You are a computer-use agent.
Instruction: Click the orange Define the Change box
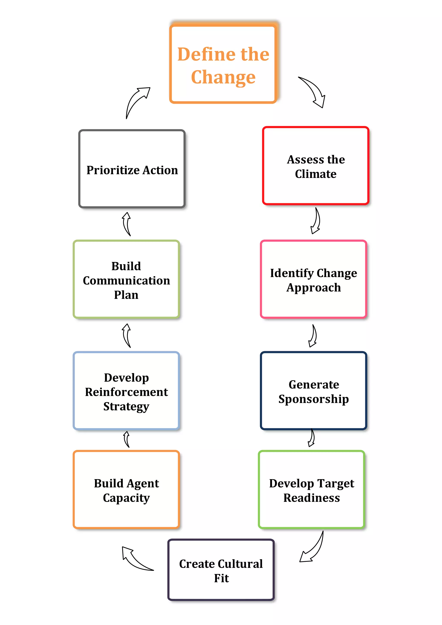point(223,64)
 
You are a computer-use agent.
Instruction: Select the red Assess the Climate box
point(315,165)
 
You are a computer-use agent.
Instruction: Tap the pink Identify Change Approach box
point(313,279)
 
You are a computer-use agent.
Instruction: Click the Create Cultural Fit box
point(221,570)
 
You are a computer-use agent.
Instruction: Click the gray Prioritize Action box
point(132,169)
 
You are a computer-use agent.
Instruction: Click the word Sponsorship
point(313,399)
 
